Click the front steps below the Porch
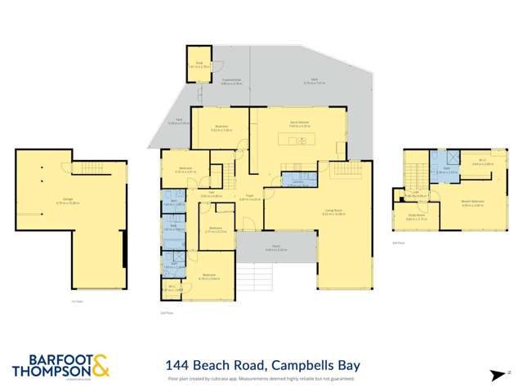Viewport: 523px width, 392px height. [276, 274]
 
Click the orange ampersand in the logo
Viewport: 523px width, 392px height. [100, 364]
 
